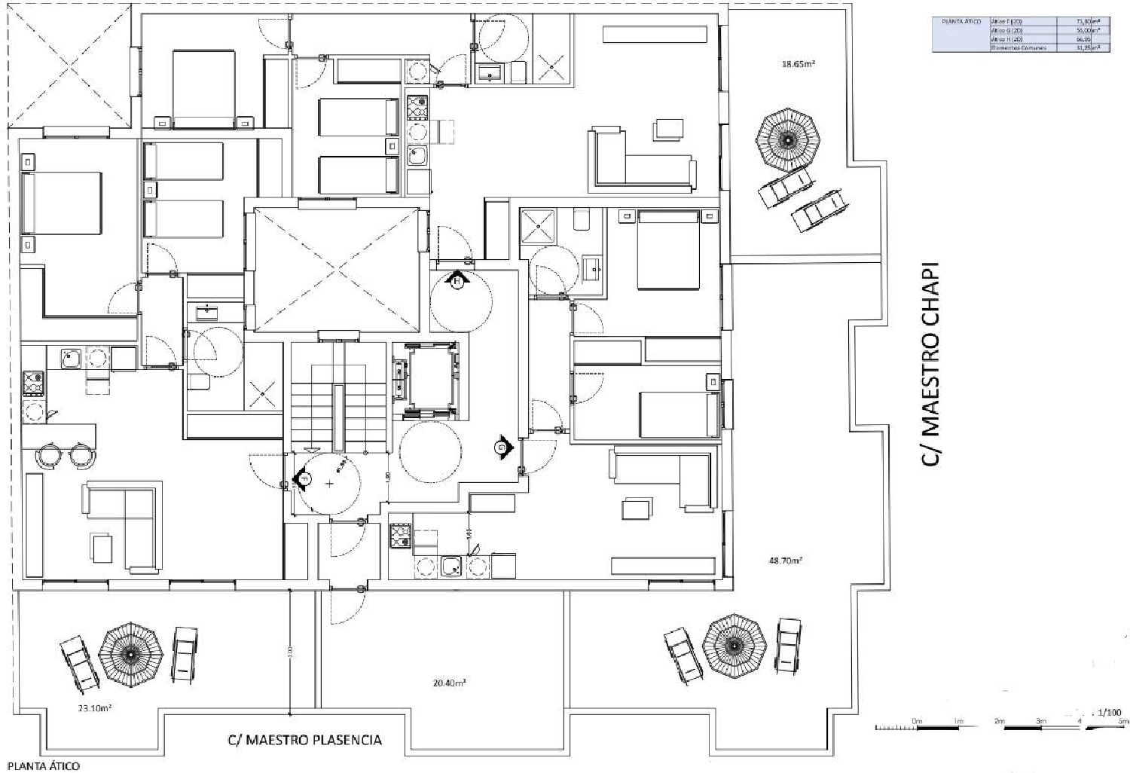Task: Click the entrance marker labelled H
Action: pyautogui.click(x=456, y=280)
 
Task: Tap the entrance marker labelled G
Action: pyautogui.click(x=501, y=448)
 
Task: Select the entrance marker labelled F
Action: pyautogui.click(x=303, y=478)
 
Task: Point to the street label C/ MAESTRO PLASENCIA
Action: pyautogui.click(x=304, y=739)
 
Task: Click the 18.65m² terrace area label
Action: pyautogui.click(x=799, y=64)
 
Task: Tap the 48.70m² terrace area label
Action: pyautogui.click(x=784, y=561)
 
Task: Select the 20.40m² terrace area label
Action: pyautogui.click(x=449, y=683)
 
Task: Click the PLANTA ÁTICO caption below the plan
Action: pyautogui.click(x=43, y=766)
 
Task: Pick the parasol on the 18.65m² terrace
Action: pyautogui.click(x=787, y=140)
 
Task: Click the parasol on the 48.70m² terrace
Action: pyautogui.click(x=734, y=645)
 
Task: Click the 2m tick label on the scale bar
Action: pyautogui.click(x=1000, y=722)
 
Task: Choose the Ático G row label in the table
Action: pyautogui.click(x=1007, y=30)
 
